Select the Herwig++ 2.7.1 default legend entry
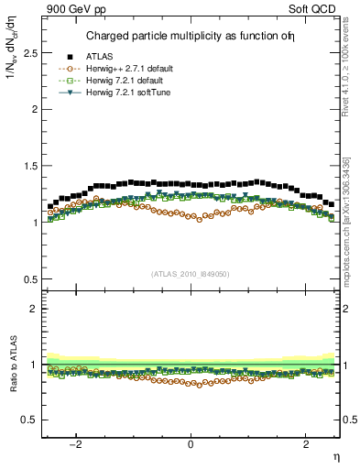pyautogui.click(x=128, y=69)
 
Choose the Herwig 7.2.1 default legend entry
pyautogui.click(x=125, y=80)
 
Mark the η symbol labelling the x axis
pyautogui.click(x=335, y=457)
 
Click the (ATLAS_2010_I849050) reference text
pyautogui.click(x=191, y=274)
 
